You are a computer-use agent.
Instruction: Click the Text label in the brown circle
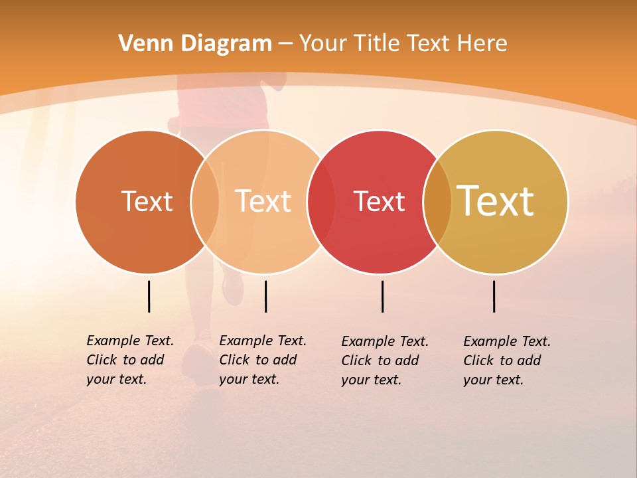point(147,201)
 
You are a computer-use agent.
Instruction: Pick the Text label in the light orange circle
point(263,201)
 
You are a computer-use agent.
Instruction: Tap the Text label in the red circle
point(379,201)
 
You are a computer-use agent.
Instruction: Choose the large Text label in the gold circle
point(495,201)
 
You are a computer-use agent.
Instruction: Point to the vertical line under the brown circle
point(149,296)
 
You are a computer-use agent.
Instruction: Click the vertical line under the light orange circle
point(265,296)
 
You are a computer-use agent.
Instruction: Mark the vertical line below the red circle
point(383,296)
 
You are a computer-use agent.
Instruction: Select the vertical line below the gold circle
point(494,296)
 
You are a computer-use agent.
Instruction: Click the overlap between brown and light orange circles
point(205,201)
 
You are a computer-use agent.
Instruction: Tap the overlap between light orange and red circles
point(321,201)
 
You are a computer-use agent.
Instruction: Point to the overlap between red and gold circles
point(437,201)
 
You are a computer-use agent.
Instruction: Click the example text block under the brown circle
point(130,360)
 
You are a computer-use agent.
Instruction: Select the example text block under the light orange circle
point(263,360)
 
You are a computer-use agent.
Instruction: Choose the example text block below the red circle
point(385,360)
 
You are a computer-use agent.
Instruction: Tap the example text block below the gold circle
point(507,360)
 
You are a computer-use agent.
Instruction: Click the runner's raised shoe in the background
point(234,287)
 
